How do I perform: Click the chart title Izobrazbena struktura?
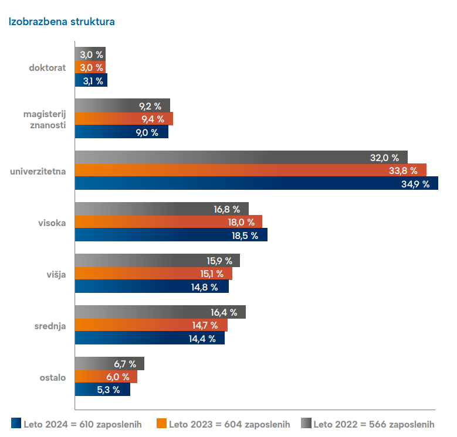coord(61,22)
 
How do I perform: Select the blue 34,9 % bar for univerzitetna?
coord(256,183)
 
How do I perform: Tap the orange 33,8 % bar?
coord(250,170)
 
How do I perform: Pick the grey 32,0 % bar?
coord(241,158)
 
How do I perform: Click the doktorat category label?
coord(48,67)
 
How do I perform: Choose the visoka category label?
coord(52,223)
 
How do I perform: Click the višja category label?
coord(55,274)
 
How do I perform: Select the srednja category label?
coord(50,326)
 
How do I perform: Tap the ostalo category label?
coord(52,377)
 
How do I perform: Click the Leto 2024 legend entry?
coord(76,424)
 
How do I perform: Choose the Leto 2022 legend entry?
coord(368,424)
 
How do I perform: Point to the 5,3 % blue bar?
coord(103,390)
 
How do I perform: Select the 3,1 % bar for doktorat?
coord(91,81)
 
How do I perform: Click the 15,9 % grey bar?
coord(157,261)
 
